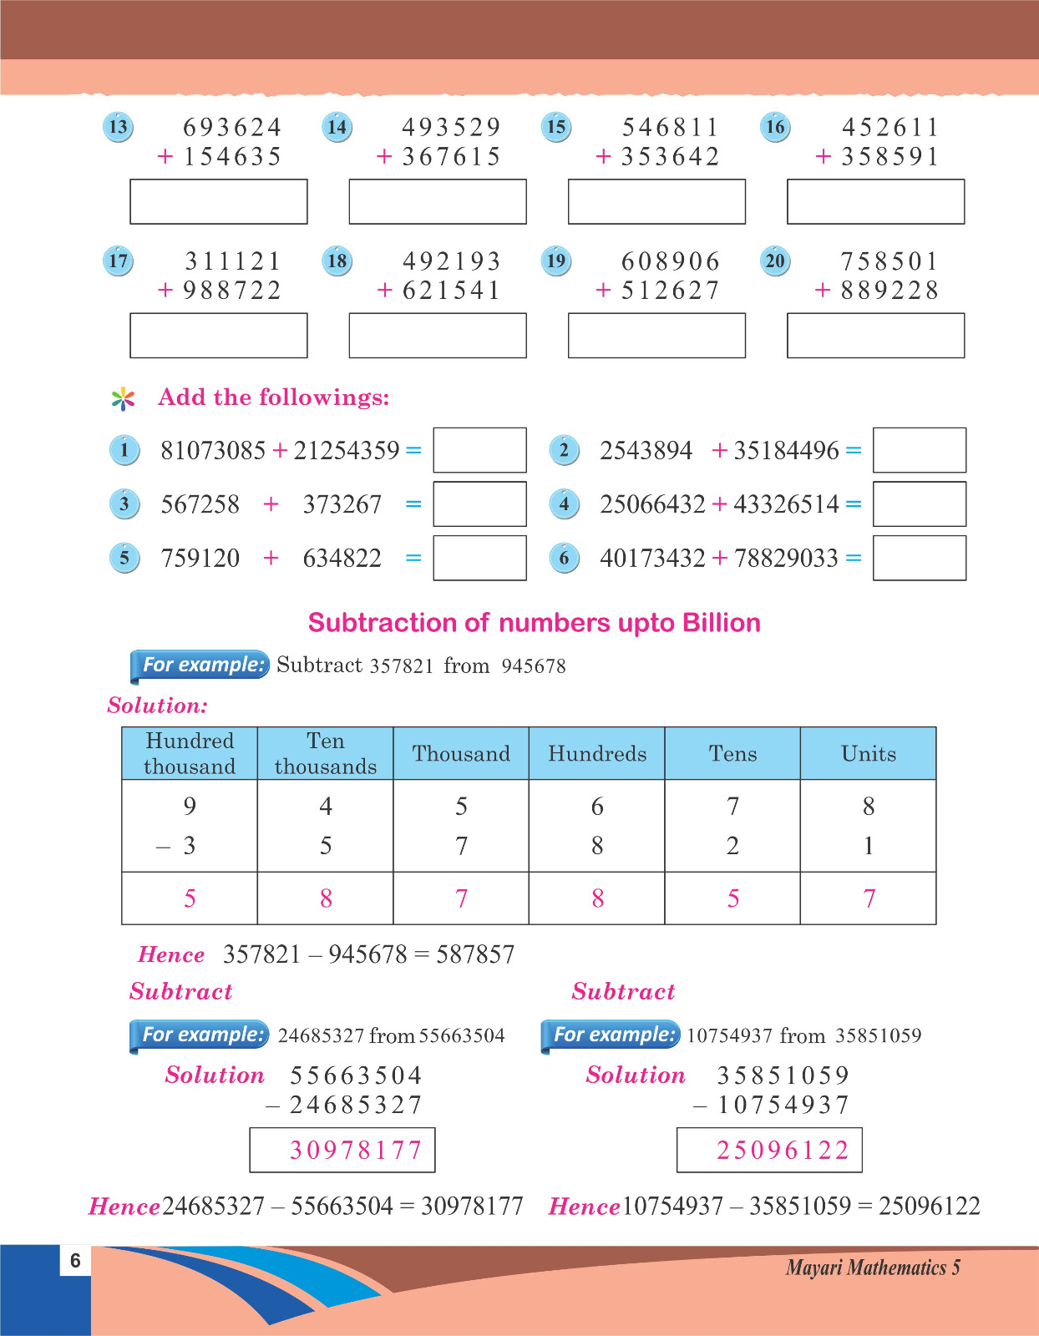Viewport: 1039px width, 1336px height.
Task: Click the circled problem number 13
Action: pos(118,127)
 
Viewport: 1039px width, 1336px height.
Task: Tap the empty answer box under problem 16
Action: pos(875,201)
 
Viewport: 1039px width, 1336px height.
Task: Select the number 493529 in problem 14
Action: pos(451,127)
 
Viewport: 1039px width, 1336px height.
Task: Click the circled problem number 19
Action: pos(556,261)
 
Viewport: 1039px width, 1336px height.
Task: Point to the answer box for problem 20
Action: pos(875,336)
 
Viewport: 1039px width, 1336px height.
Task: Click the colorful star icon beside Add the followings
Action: pos(123,398)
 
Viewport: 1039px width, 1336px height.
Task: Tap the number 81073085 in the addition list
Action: pos(213,451)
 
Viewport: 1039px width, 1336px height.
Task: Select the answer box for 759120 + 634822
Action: pos(479,558)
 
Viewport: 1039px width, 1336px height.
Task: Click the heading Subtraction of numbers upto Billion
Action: pos(534,623)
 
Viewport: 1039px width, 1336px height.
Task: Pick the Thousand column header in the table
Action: pos(461,753)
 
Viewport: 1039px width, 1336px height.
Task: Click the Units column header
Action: pos(869,753)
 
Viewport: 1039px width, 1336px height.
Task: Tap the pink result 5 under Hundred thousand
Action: pos(190,898)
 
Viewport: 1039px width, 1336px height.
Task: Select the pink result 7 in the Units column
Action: pos(869,898)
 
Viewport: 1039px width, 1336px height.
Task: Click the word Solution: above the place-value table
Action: pos(157,706)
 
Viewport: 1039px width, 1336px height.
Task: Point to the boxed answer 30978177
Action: pos(355,1151)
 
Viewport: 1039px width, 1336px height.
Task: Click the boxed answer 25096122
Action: pos(783,1151)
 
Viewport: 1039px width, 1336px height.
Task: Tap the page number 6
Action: pos(75,1260)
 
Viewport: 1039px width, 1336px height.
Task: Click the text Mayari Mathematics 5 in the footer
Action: pos(873,1268)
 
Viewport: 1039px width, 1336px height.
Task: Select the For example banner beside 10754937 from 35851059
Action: pos(612,1035)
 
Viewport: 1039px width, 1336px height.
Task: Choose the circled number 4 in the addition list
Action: pos(565,504)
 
